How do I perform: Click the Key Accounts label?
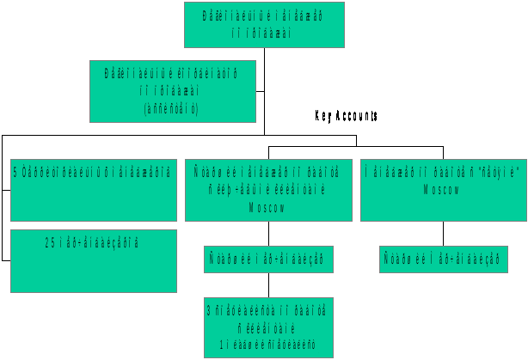click(x=346, y=115)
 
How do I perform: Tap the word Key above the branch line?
click(x=323, y=115)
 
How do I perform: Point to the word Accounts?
click(x=356, y=115)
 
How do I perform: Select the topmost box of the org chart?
click(x=264, y=24)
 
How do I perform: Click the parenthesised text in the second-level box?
click(x=172, y=108)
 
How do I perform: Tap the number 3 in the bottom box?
click(x=210, y=308)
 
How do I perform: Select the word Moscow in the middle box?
click(x=268, y=208)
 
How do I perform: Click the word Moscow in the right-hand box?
click(x=442, y=189)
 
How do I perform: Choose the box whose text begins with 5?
click(x=93, y=189)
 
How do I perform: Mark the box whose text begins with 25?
click(x=93, y=259)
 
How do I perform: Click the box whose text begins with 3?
click(x=268, y=326)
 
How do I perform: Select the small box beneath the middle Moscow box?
click(x=268, y=259)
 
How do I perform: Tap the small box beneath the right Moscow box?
click(x=443, y=259)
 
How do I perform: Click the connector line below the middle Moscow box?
click(x=268, y=233)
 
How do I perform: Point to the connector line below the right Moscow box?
click(x=443, y=233)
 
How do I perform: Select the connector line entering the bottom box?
click(x=268, y=284)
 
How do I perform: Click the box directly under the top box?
click(x=172, y=90)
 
